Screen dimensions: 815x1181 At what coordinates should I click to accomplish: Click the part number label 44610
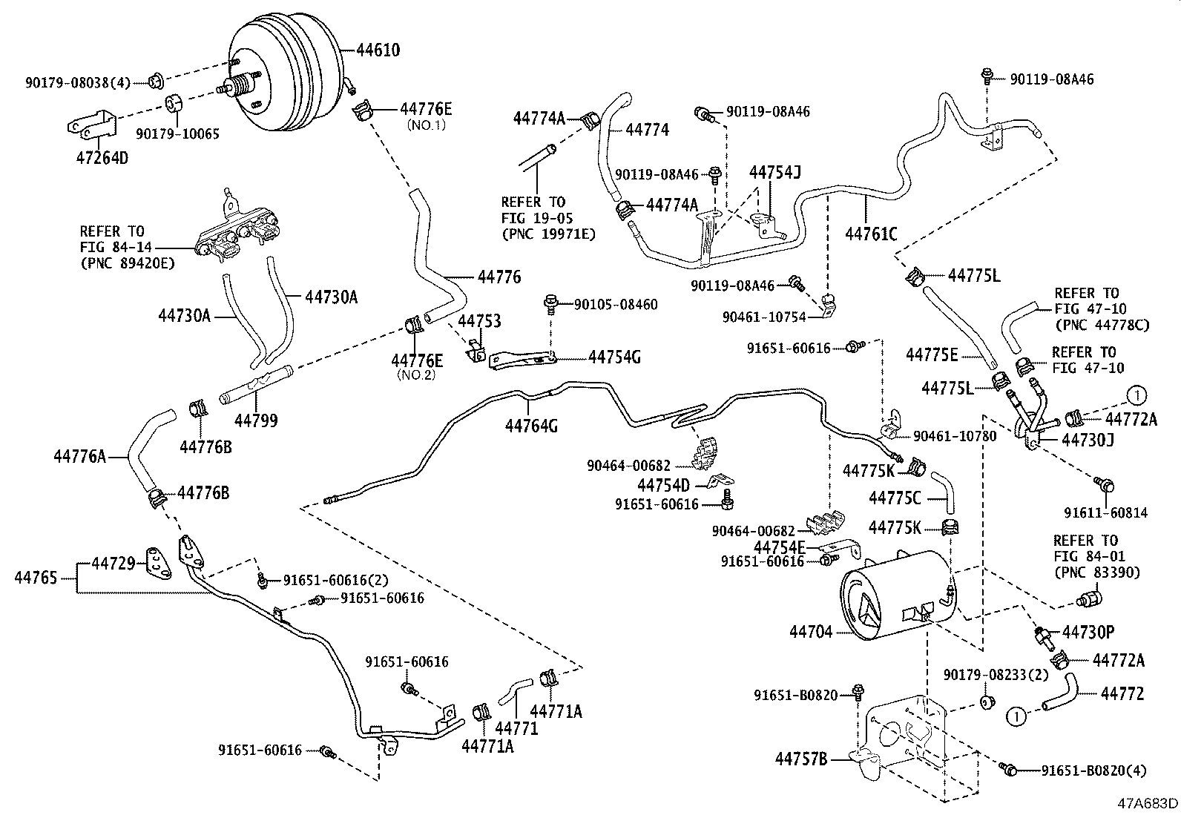coord(378,50)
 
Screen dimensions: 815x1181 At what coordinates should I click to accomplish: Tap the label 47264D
coord(102,158)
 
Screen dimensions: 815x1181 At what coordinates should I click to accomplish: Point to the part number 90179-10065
coord(177,134)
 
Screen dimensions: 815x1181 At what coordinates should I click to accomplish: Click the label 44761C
coord(871,234)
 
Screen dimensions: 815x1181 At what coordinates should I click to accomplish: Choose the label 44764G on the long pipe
coord(531,426)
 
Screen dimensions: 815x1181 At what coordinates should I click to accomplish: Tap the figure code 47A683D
coord(1149,803)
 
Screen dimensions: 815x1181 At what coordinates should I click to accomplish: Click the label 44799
coord(256,420)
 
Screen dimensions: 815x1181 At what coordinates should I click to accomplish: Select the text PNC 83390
coord(1096,572)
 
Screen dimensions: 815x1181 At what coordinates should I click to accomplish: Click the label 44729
coord(114,564)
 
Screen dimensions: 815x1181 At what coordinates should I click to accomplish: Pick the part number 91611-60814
coord(1105,512)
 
